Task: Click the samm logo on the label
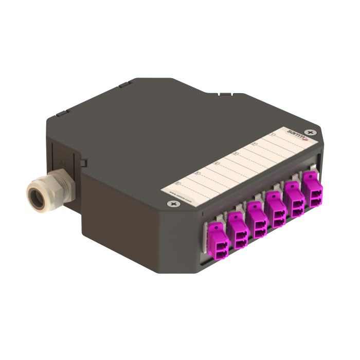click(298, 134)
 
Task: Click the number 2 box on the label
click(254, 145)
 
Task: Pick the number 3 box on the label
click(236, 154)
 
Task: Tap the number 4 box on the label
click(217, 164)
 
